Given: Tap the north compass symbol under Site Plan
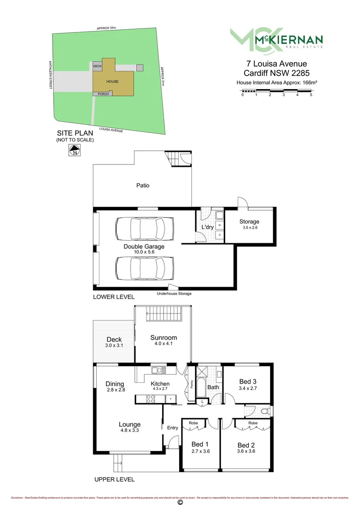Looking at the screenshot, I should coord(74,151).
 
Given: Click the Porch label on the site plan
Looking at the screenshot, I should coord(103,94).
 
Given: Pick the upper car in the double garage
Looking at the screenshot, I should coord(140,229).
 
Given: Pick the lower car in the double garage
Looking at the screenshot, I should coord(140,267).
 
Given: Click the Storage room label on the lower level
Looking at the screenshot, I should coord(249,222).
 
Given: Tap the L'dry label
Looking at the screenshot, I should coord(207,227).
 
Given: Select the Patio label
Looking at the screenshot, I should coord(143,185).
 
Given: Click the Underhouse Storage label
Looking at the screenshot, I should coord(174,294).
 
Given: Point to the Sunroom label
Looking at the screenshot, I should coord(164,337).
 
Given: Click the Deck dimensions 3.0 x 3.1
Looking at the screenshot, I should coord(114,345).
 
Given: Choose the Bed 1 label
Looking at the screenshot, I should coord(198,444).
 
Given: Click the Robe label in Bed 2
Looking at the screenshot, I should coord(253,423).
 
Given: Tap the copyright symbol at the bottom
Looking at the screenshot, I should coord(180,502).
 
